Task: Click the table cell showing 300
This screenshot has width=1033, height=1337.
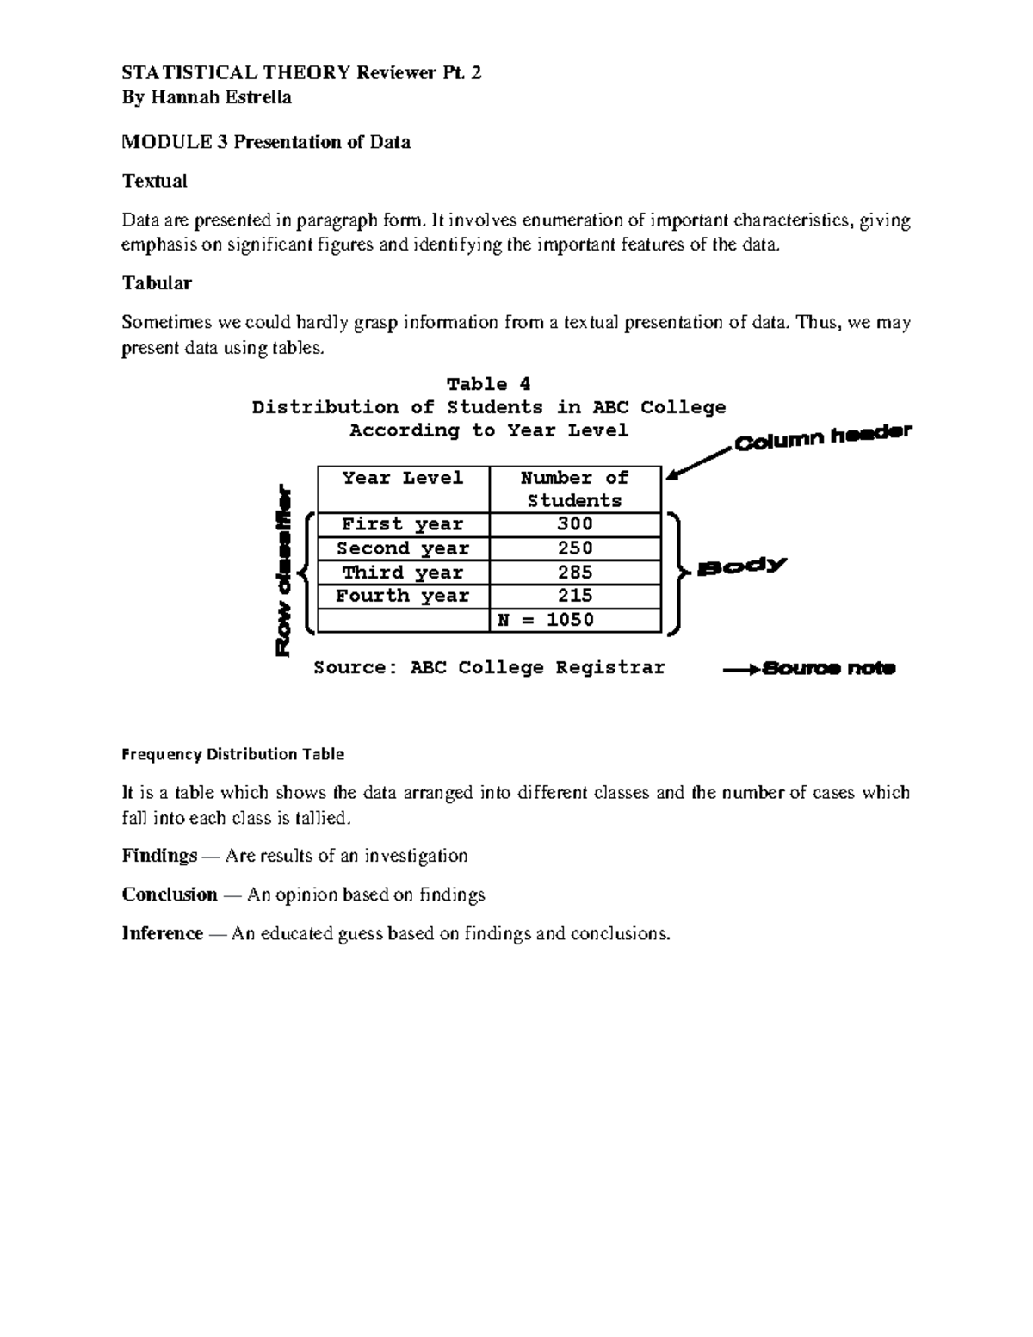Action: click(x=574, y=524)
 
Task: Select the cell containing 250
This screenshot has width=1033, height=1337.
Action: click(x=574, y=548)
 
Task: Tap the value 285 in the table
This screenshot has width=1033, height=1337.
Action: click(x=574, y=573)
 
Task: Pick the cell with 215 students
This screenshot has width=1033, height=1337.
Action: click(x=574, y=596)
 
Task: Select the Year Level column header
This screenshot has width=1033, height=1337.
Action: click(x=402, y=479)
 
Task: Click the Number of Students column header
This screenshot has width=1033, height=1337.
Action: click(x=574, y=489)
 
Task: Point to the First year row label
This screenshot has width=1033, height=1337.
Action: click(x=402, y=524)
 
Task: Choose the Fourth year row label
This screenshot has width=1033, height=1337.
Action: click(x=402, y=596)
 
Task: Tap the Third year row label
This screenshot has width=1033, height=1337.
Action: click(x=402, y=573)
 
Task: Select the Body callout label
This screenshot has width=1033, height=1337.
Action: click(x=742, y=566)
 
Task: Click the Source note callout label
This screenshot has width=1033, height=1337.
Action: click(x=829, y=668)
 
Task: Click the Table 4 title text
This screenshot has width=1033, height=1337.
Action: click(x=488, y=384)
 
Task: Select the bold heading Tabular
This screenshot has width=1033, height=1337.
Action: click(x=157, y=283)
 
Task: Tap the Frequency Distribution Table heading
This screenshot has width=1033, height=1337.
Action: click(x=232, y=754)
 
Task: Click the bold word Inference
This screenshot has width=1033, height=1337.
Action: click(x=163, y=933)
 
